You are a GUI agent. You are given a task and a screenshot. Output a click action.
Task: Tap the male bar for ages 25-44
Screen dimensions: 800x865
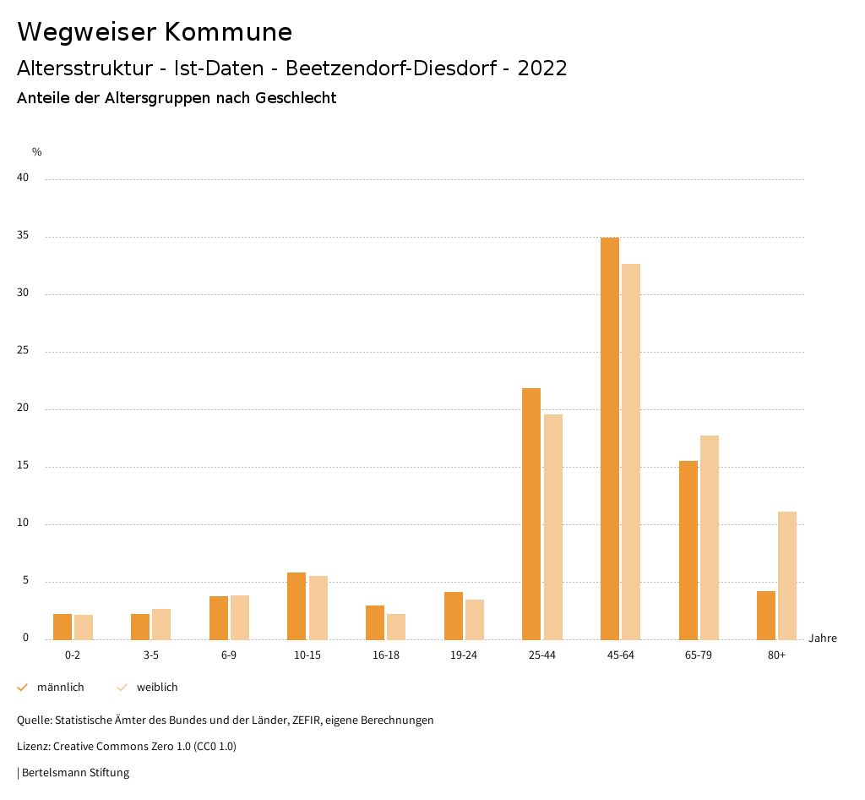(x=531, y=513)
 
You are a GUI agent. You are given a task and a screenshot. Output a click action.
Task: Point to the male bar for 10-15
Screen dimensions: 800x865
(x=296, y=605)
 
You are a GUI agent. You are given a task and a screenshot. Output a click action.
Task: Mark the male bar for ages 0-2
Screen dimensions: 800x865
(x=63, y=627)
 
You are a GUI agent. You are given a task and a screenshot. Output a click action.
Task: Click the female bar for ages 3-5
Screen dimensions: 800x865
(x=161, y=624)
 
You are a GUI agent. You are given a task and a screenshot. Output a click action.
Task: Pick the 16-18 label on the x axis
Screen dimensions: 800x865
(x=385, y=655)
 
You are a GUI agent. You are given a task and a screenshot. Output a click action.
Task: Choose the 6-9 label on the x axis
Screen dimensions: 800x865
(x=229, y=655)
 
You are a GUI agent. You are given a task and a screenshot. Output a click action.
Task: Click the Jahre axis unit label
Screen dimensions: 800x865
(x=823, y=638)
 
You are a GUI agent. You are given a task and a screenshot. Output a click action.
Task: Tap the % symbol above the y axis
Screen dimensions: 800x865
(x=37, y=152)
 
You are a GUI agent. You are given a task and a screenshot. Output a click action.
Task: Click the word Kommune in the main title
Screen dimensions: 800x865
(x=228, y=32)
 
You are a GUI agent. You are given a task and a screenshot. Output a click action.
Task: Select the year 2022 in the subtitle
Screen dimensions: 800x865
(x=542, y=68)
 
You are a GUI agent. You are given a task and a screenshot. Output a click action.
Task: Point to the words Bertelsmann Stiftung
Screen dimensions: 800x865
(x=75, y=772)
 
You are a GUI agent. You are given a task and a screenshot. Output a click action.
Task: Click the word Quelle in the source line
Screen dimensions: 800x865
(x=33, y=721)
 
